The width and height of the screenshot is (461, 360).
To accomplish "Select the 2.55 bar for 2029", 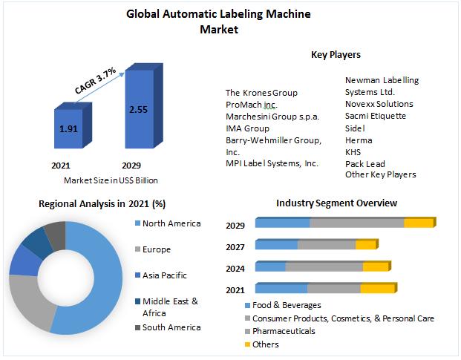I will [x=137, y=110].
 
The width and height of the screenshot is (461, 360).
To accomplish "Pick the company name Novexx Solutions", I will [x=379, y=104].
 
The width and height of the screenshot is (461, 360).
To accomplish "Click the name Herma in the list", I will [x=359, y=140].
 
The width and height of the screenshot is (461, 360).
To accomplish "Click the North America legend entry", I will [x=170, y=223].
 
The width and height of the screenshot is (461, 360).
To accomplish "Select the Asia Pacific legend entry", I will [x=164, y=275].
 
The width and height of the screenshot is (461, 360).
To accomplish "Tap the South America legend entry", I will [x=171, y=327].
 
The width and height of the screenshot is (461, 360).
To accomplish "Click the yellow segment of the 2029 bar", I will [x=418, y=222].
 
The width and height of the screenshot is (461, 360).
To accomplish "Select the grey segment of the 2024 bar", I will [x=324, y=266].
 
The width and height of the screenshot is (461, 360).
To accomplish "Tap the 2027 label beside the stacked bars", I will [x=236, y=246].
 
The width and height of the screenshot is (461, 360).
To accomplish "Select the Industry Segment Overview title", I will [x=336, y=203].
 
